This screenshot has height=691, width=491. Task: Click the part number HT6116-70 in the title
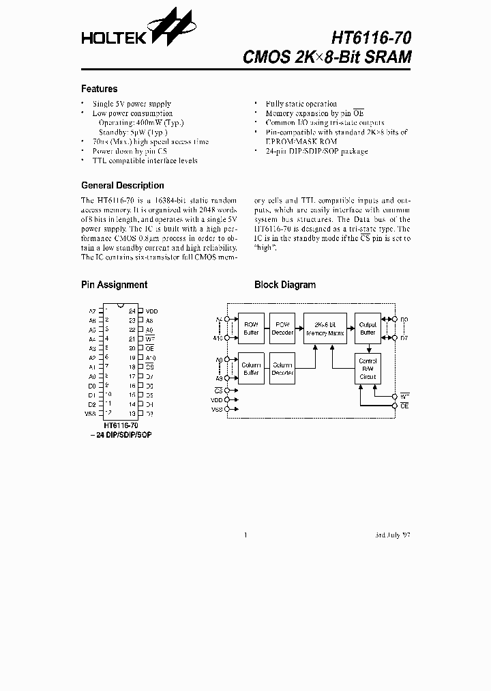pyautogui.click(x=371, y=38)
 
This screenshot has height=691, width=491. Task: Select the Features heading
pyautogui.click(x=99, y=89)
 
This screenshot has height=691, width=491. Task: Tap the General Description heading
pyautogui.click(x=122, y=185)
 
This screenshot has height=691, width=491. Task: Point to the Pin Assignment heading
pyautogui.click(x=114, y=285)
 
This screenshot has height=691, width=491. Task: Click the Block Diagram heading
pyautogui.click(x=284, y=285)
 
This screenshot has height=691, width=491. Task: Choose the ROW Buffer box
pyautogui.click(x=251, y=328)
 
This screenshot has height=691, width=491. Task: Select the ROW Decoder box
pyautogui.click(x=282, y=328)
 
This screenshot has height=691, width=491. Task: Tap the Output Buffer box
pyautogui.click(x=368, y=328)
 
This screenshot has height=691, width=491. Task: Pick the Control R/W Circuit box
pyautogui.click(x=368, y=369)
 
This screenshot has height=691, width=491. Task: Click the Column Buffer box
pyautogui.click(x=251, y=369)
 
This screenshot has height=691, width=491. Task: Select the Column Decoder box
pyautogui.click(x=282, y=369)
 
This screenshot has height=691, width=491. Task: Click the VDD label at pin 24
pyautogui.click(x=151, y=311)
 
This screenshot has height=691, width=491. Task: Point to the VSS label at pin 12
pyautogui.click(x=91, y=414)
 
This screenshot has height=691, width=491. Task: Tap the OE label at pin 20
pyautogui.click(x=150, y=348)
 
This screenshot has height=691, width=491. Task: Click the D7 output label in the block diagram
pyautogui.click(x=404, y=338)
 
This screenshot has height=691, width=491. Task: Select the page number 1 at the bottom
pyautogui.click(x=245, y=535)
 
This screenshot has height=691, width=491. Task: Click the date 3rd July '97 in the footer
pyautogui.click(x=393, y=535)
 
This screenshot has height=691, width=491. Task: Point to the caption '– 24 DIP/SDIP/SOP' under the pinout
pyautogui.click(x=120, y=434)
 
